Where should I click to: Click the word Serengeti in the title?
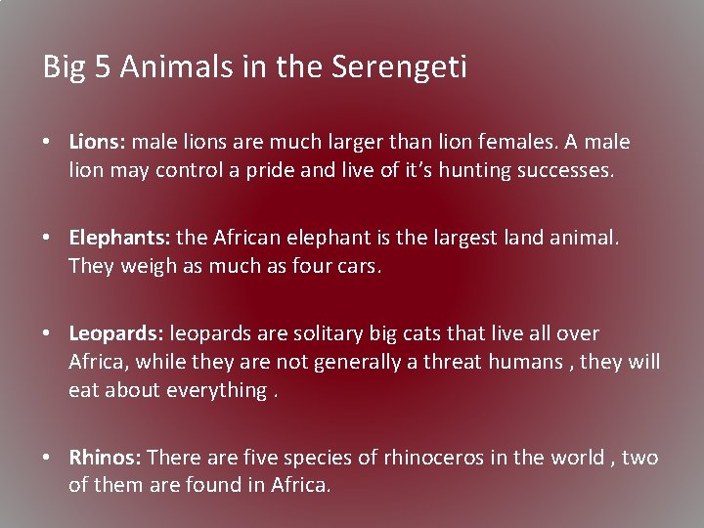(399, 67)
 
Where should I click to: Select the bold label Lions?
(97, 142)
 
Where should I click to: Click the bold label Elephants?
(120, 238)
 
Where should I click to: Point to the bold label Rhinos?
(106, 458)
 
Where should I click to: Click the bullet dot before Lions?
(47, 143)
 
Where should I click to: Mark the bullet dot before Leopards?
(47, 334)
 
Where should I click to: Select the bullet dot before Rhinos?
(47, 459)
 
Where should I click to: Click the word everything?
(215, 390)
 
